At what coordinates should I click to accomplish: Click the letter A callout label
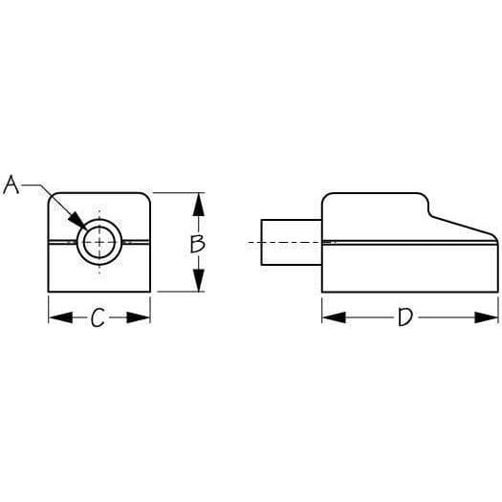[x=11, y=185]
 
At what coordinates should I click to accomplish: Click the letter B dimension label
[x=197, y=243]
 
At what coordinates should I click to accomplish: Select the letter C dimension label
[x=98, y=318]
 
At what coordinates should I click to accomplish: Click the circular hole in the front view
[x=98, y=242]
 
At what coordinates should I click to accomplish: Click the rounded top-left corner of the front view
[x=54, y=198]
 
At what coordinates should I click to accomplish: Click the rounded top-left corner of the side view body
[x=326, y=198]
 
